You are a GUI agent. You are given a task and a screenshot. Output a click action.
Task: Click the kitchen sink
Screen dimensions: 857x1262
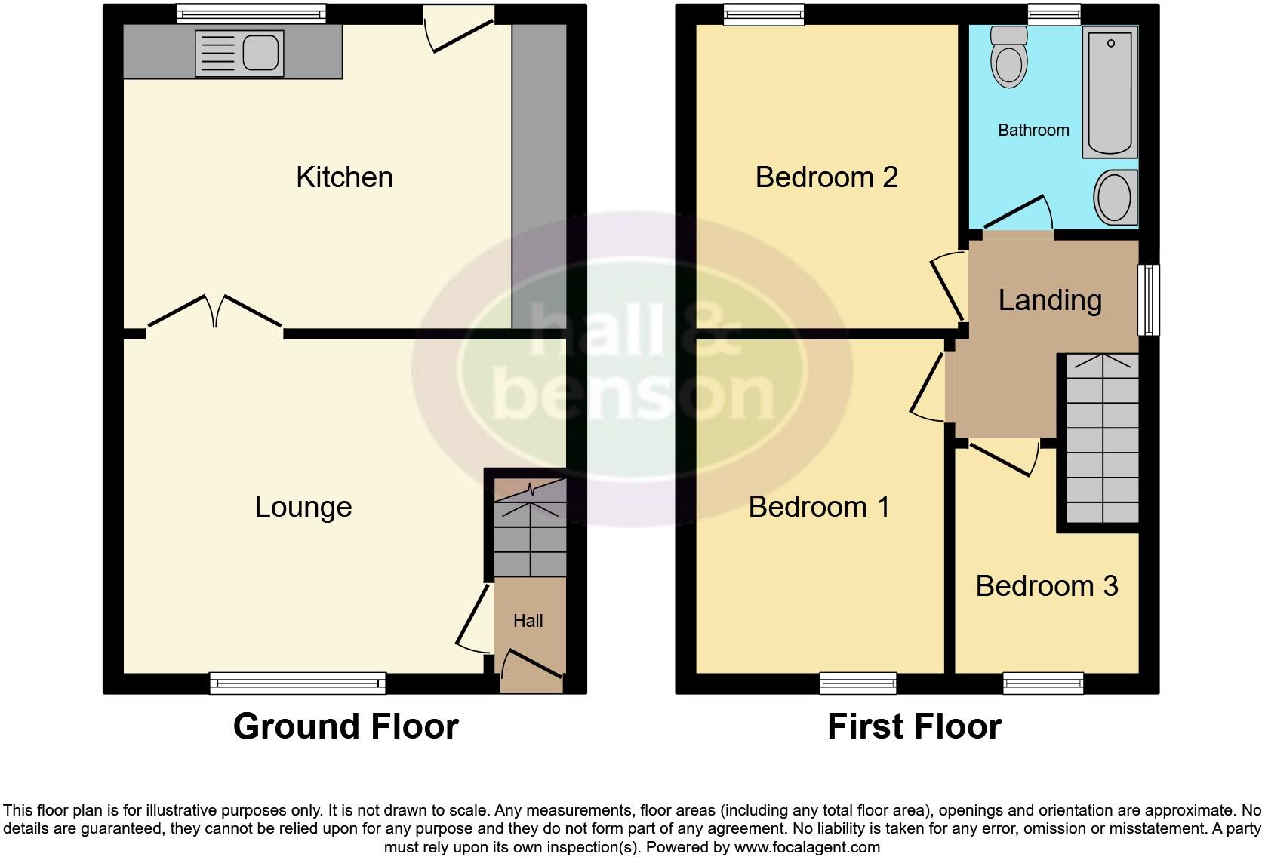239,53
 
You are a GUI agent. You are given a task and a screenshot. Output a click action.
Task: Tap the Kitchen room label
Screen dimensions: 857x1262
344,177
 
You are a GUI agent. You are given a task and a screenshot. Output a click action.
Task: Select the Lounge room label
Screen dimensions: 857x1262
303,507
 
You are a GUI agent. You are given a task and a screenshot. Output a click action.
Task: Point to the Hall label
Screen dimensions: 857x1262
528,621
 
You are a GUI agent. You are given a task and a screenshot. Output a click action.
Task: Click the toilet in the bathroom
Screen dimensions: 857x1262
1008,57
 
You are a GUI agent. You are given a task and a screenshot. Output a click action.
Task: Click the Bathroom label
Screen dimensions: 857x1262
1033,131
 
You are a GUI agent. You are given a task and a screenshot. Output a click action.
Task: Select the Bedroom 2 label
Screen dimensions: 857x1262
826,177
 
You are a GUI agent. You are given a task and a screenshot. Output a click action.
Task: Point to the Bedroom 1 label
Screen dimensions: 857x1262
819,507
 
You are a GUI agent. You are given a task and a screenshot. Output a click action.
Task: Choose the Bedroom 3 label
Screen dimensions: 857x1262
1046,586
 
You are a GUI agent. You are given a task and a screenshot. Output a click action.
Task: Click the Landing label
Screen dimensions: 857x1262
1050,300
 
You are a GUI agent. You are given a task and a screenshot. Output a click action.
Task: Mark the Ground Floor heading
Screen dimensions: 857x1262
346,726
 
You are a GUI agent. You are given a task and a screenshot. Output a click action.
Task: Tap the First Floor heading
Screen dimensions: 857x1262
914,726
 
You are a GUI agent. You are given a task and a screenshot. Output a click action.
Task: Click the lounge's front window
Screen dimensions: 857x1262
297,683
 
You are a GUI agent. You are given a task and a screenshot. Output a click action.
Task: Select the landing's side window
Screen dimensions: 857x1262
1149,299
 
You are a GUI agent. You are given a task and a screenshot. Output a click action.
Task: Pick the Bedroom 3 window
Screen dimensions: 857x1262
1043,683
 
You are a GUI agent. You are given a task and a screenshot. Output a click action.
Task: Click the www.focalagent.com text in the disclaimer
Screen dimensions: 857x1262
806,847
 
